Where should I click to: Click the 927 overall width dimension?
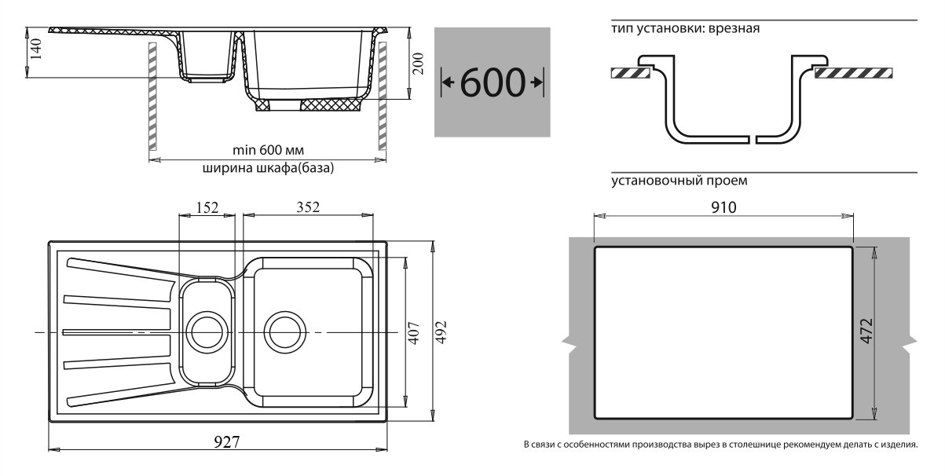[226, 441]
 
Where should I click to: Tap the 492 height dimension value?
[441, 332]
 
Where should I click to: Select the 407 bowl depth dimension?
[415, 333]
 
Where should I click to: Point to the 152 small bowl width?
[207, 207]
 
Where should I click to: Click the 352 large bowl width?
[308, 207]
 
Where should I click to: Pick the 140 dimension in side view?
[36, 49]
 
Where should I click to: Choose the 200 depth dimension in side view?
[418, 64]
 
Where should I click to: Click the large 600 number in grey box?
[493, 82]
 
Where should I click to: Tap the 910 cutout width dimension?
[723, 207]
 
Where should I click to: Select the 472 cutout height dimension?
[866, 331]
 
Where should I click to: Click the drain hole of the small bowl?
[207, 331]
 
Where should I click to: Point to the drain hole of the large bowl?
[285, 331]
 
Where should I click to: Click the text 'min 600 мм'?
[268, 150]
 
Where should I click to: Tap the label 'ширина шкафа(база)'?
[268, 168]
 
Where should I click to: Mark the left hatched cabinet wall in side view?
[152, 96]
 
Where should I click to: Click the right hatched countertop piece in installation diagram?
[853, 73]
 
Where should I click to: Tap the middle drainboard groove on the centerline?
[116, 332]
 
